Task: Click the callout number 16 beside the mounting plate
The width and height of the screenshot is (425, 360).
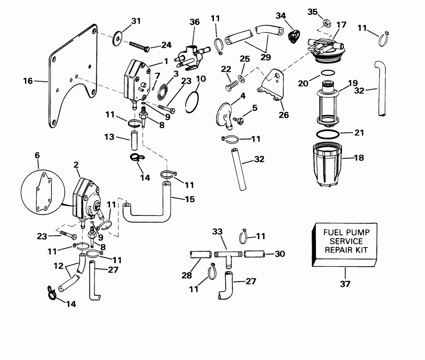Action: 28,81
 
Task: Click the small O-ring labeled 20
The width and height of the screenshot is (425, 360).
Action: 327,72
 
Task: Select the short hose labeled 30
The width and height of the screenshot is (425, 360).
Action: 255,254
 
